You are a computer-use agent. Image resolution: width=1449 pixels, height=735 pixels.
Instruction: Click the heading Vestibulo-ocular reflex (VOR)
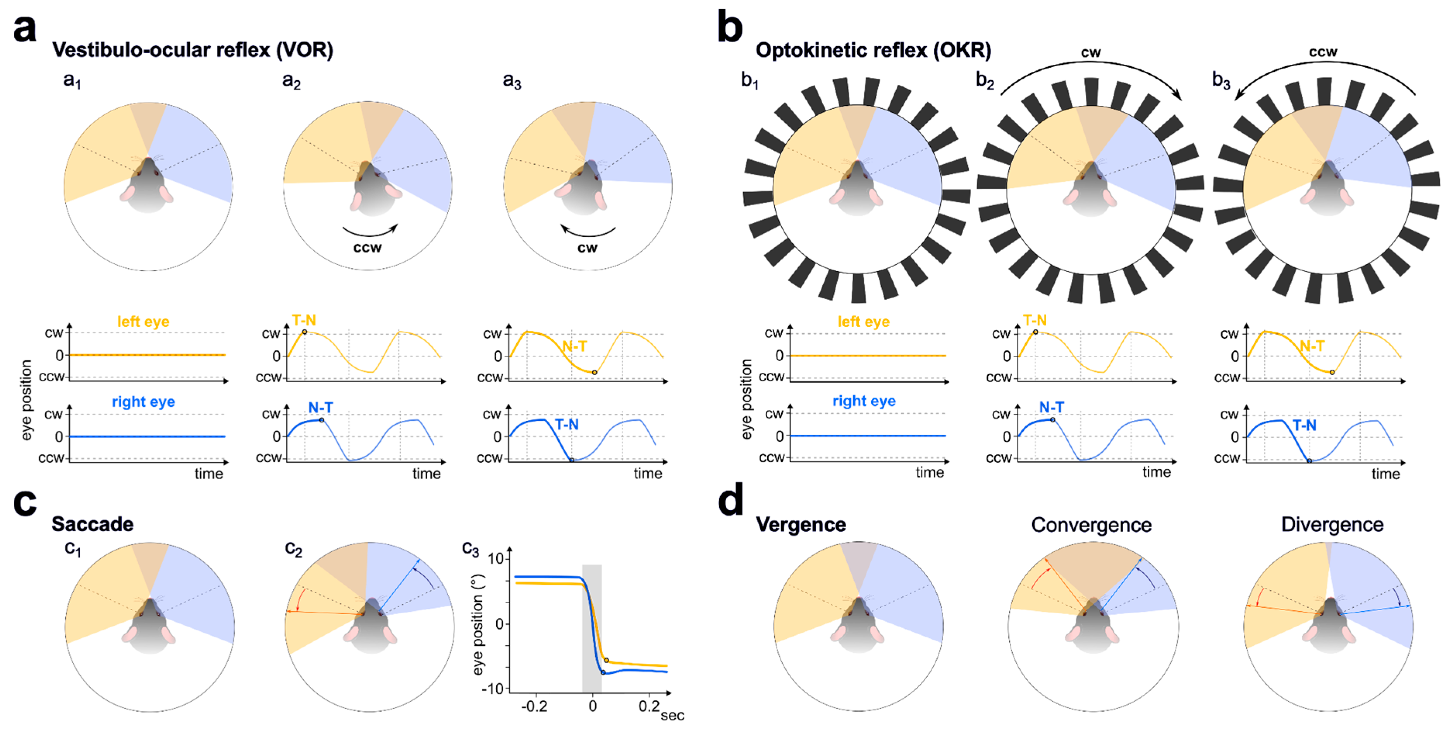[193, 50]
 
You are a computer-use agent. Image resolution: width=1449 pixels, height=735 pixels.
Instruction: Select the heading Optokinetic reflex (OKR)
[873, 50]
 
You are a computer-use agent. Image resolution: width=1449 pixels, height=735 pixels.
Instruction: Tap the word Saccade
[92, 524]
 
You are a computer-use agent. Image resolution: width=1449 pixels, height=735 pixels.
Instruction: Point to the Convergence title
[1091, 525]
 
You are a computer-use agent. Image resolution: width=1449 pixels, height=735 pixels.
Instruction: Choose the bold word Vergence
[801, 525]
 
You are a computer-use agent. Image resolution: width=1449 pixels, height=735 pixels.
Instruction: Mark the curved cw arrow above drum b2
[1091, 73]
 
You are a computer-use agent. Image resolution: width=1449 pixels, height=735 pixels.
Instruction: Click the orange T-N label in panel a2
[304, 320]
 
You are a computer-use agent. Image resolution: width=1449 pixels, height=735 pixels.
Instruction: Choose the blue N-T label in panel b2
[1051, 407]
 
